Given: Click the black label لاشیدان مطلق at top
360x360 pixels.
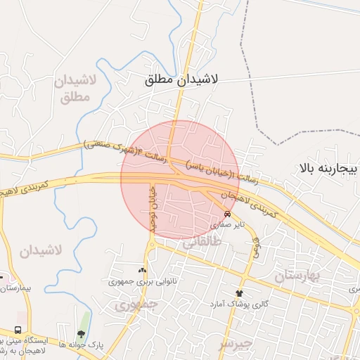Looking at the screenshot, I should [x=181, y=79].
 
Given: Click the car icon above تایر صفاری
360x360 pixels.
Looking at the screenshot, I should [x=227, y=214].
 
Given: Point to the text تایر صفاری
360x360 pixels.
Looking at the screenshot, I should [x=227, y=226].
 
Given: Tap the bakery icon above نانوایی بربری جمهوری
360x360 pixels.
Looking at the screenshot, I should [x=143, y=269].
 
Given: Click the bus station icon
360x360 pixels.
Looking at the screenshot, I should [x=18, y=330].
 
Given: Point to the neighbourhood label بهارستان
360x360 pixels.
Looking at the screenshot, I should [x=296, y=276].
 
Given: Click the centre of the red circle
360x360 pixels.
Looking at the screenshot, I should [x=180, y=179].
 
